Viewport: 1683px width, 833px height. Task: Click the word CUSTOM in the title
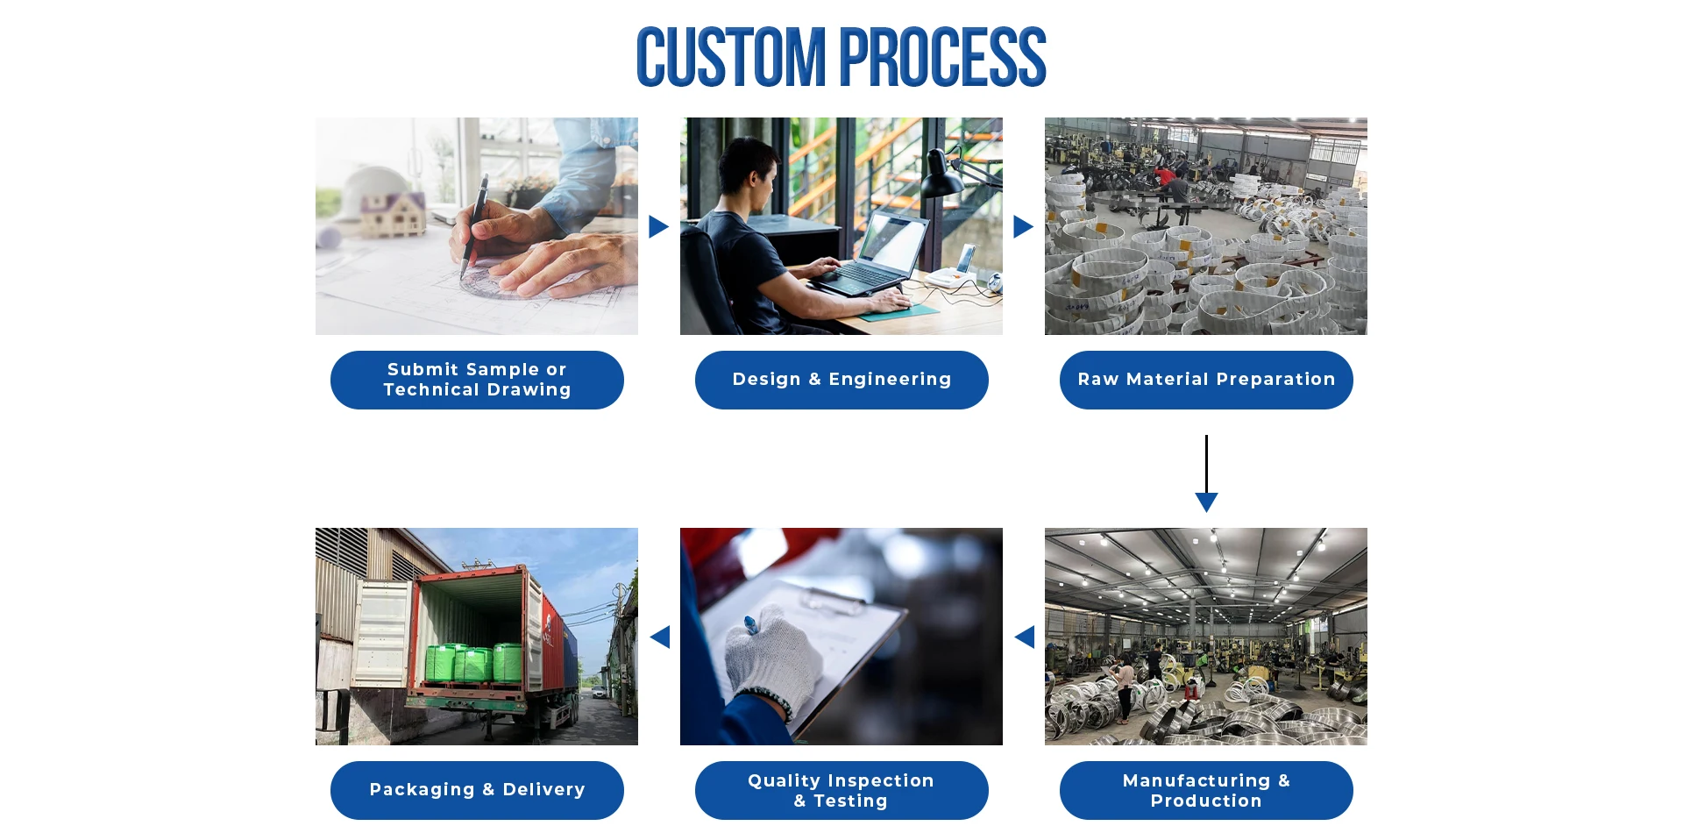click(x=730, y=58)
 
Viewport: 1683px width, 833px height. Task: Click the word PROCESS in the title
click(x=943, y=58)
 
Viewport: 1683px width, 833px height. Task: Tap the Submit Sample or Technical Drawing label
click(x=477, y=380)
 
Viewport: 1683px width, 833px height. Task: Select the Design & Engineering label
click(x=841, y=380)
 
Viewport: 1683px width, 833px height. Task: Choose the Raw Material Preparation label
click(x=1206, y=380)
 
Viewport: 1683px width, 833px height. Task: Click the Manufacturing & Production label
click(x=1206, y=790)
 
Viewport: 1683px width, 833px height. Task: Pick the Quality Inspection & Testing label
click(x=841, y=790)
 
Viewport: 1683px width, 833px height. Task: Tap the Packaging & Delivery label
click(x=477, y=790)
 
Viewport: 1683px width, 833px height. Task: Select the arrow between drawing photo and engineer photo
click(x=658, y=227)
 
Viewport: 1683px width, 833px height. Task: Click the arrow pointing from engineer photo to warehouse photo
click(x=1023, y=227)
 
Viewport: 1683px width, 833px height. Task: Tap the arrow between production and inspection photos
click(x=1025, y=637)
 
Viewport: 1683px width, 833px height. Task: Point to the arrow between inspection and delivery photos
click(x=660, y=637)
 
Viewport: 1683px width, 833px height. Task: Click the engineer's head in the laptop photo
click(x=748, y=171)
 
